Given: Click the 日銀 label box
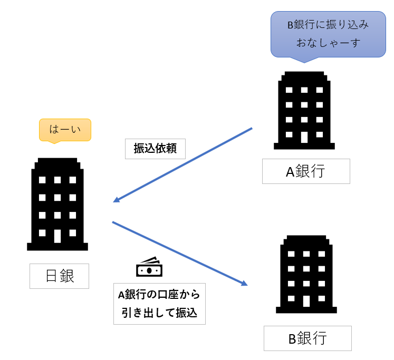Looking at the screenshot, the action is (59, 276).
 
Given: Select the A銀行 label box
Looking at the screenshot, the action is (306, 171).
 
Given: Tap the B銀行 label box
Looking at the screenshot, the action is (307, 338).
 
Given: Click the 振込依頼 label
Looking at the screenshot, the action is (155, 149).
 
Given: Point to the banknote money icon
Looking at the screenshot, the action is (149, 267).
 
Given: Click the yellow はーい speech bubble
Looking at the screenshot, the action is (65, 130).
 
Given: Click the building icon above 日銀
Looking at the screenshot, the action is (57, 204).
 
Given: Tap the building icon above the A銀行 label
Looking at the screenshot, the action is (304, 111).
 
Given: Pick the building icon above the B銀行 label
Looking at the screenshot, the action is (306, 274).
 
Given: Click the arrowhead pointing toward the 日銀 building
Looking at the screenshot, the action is (117, 200).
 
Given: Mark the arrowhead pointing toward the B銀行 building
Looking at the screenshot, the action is (244, 283).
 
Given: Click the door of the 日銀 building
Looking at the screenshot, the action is (57, 236).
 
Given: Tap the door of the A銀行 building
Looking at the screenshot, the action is (304, 138).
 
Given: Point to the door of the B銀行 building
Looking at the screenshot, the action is (306, 301).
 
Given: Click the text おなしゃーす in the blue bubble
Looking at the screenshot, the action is (328, 43).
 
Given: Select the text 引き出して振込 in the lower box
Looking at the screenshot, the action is (159, 313).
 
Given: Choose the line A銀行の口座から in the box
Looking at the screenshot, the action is (159, 295).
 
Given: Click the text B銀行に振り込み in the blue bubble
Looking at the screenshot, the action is (328, 25).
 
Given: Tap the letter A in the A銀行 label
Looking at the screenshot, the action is (290, 172).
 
